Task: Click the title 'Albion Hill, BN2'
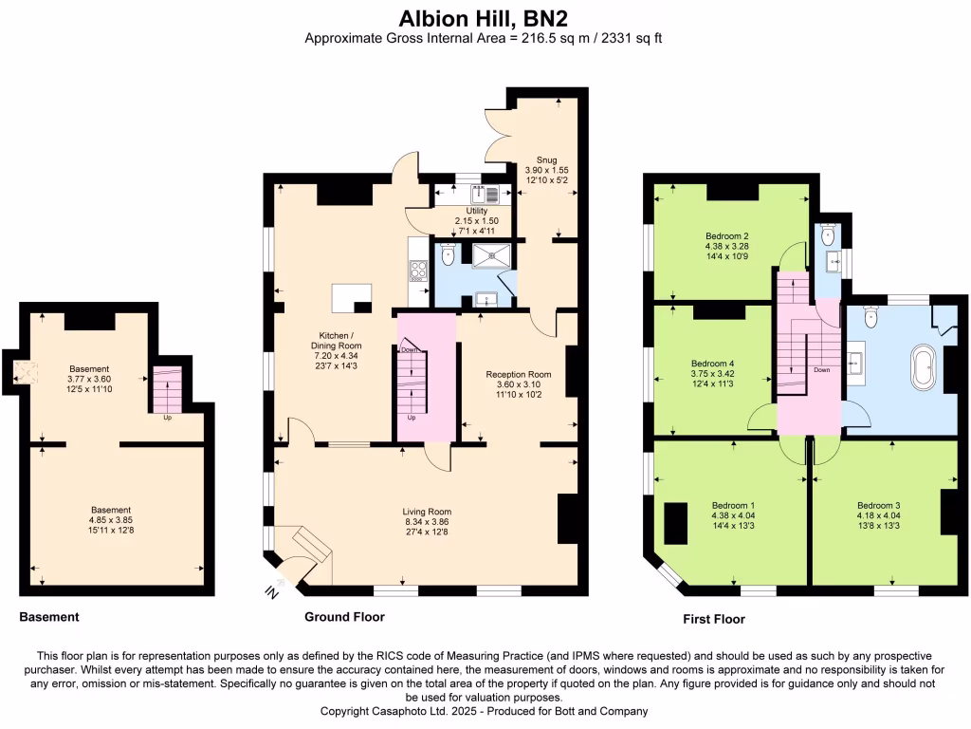[485, 17]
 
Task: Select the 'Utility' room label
[476, 211]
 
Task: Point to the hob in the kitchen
[417, 270]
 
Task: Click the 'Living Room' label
[426, 512]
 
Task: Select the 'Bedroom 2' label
[727, 236]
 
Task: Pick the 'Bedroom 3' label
[878, 505]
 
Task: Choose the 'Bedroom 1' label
[733, 505]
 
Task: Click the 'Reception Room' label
[519, 374]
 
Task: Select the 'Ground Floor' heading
[344, 617]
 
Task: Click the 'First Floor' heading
[714, 619]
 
